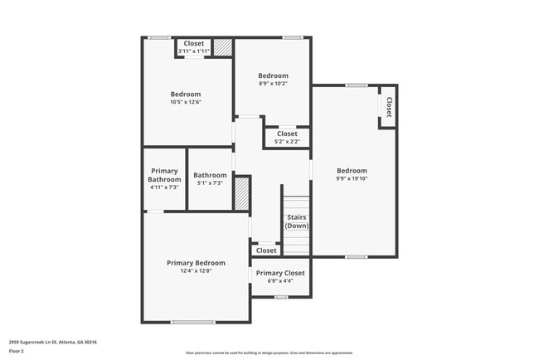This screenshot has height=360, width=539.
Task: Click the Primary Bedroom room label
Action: [196, 263]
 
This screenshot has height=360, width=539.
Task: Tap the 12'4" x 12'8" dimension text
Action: [196, 270]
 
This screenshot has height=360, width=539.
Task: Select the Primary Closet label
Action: [279, 273]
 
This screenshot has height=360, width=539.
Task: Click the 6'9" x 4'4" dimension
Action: [279, 280]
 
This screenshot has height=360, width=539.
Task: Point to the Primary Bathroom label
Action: [164, 175]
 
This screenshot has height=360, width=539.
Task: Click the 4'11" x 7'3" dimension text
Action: [164, 187]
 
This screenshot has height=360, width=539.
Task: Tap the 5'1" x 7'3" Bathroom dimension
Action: [210, 182]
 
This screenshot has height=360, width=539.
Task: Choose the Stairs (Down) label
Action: [296, 221]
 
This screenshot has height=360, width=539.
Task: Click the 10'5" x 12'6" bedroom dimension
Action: [186, 102]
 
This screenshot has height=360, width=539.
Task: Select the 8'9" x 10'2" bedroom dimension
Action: [273, 83]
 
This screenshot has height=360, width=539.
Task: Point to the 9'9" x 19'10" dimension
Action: [352, 178]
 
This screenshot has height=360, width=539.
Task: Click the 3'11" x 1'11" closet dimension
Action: [193, 51]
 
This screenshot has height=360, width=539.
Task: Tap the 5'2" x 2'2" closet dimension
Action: [287, 141]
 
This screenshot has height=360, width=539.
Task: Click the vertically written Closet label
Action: [388, 107]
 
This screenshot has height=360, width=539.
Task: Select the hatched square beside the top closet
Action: [223, 47]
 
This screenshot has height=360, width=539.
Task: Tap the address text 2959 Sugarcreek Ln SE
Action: [53, 342]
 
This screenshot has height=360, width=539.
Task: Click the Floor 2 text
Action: [17, 351]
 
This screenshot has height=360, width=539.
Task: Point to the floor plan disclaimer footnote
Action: [269, 353]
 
